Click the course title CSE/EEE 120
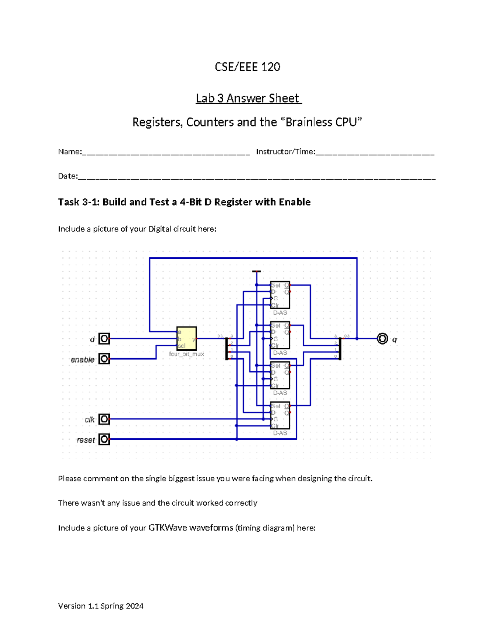click(x=247, y=67)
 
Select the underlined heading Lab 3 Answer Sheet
click(x=248, y=98)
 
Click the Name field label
click(x=70, y=152)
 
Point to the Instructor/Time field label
click(x=285, y=152)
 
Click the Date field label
click(x=68, y=176)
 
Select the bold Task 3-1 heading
click(x=184, y=202)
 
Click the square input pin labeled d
click(x=104, y=339)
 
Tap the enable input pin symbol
click(x=104, y=359)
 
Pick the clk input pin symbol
click(x=104, y=419)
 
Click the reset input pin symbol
click(x=104, y=439)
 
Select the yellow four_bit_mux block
click(x=186, y=338)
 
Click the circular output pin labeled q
click(x=382, y=339)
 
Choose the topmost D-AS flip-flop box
click(x=280, y=295)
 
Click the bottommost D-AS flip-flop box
click(x=280, y=415)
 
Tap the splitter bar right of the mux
click(x=226, y=349)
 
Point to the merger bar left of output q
click(x=340, y=349)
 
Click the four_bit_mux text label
click(x=186, y=354)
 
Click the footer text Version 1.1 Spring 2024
click(x=101, y=606)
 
